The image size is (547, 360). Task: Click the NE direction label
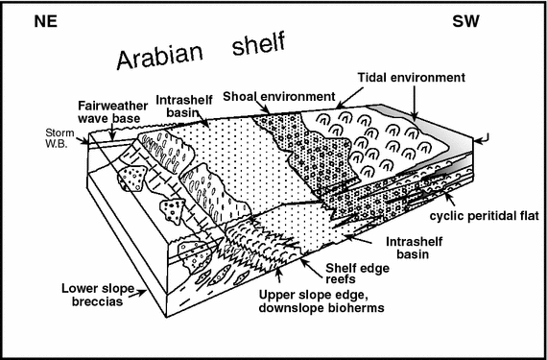click(x=28, y=21)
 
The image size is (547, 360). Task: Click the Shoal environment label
click(x=280, y=96)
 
